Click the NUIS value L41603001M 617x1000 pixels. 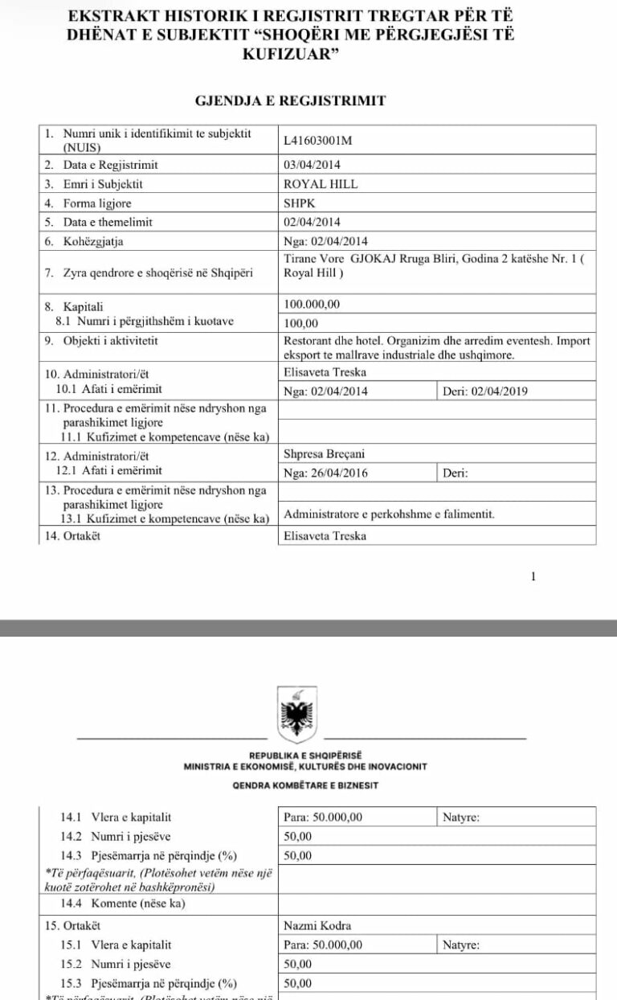tap(318, 141)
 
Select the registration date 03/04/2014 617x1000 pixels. tap(313, 165)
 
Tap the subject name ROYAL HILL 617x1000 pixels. tap(321, 184)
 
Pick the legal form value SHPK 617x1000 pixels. tap(300, 203)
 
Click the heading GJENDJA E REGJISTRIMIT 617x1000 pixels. tap(291, 100)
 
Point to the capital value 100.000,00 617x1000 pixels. tap(312, 305)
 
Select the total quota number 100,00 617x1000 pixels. tap(301, 322)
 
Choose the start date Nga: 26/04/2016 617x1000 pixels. tap(325, 473)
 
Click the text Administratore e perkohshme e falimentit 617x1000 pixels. tap(390, 514)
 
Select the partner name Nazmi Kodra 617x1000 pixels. tap(317, 926)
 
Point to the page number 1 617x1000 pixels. tap(533, 576)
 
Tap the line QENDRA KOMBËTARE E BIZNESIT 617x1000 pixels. tap(305, 785)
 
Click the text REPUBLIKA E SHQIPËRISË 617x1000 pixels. tap(305, 756)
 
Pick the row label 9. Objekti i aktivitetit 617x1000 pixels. tap(101, 341)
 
